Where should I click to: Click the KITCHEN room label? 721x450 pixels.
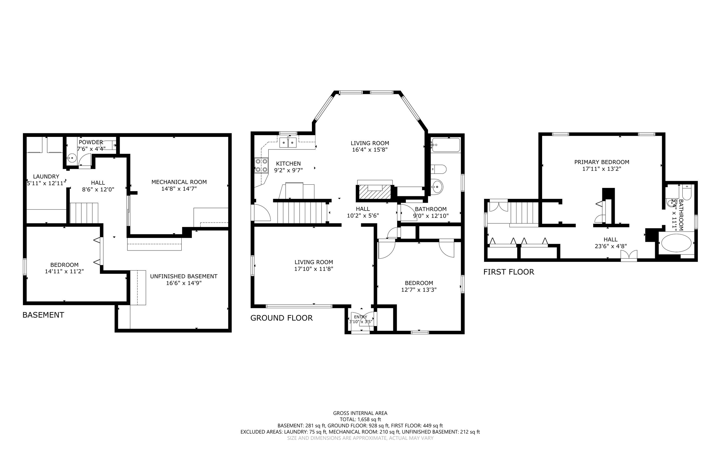pos(288,164)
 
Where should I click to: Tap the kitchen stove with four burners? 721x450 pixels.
pos(261,165)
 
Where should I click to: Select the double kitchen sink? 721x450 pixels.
pos(288,142)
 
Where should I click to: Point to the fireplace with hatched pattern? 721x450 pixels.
pos(375,193)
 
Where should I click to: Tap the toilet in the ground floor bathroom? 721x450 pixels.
pos(439,169)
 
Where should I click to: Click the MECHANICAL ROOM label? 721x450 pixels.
pos(179,182)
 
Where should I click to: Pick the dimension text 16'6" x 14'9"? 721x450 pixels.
pos(184,283)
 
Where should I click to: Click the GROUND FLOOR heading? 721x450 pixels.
pos(281,318)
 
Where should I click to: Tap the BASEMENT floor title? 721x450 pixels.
pos(43,315)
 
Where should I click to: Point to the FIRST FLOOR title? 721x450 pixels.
pos(508,272)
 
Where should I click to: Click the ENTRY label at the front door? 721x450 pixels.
pos(360,317)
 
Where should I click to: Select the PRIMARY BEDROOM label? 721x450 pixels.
pos(601,162)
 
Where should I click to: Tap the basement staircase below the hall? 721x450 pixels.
pos(84,213)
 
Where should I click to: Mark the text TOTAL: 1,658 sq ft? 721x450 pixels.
pos(360,419)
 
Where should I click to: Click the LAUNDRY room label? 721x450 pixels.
pos(46,177)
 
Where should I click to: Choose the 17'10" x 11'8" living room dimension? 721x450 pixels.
pos(313,269)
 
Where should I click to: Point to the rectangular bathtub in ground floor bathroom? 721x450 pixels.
pos(445,145)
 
